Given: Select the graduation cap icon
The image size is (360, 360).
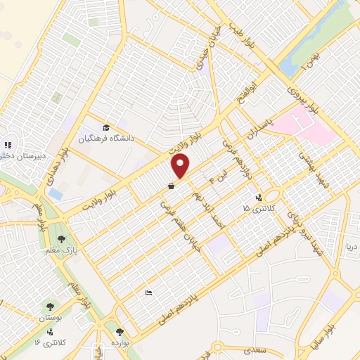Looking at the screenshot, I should (x=106, y=127).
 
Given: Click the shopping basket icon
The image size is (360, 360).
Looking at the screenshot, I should (x=171, y=186).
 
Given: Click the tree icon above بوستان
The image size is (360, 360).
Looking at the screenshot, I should (x=51, y=306).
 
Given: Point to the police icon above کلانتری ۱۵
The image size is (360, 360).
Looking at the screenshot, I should (x=259, y=198).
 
